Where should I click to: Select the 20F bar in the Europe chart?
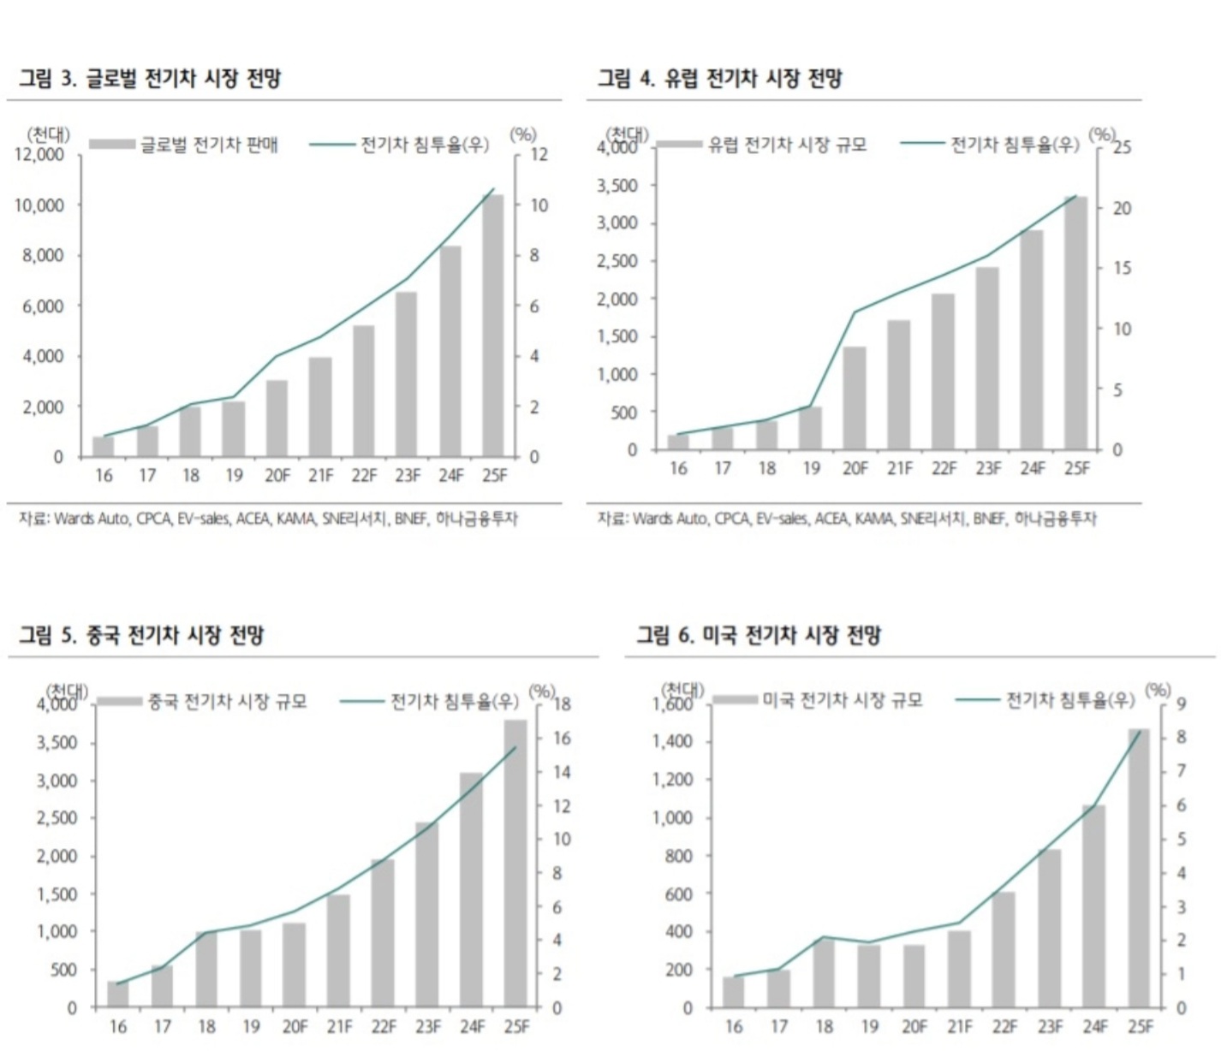[x=855, y=398]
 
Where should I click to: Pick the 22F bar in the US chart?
[x=1004, y=949]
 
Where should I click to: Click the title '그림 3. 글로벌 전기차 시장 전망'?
[x=150, y=79]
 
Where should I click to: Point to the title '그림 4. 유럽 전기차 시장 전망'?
[x=719, y=79]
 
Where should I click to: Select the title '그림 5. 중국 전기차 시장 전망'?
[x=141, y=635]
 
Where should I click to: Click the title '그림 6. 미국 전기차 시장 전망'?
[x=758, y=635]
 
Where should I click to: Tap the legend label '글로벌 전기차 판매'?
[x=209, y=145]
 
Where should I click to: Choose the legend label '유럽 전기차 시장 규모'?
[x=787, y=145]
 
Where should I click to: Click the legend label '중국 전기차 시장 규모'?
[x=227, y=702]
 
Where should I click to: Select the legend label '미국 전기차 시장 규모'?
[x=843, y=700]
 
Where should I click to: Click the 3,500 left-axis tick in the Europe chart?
[x=618, y=186]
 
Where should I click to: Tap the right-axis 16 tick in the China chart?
[x=562, y=738]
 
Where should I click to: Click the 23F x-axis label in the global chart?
[x=408, y=475]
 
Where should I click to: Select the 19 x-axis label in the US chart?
[x=869, y=1026]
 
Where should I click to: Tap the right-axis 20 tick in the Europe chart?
[x=1122, y=208]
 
